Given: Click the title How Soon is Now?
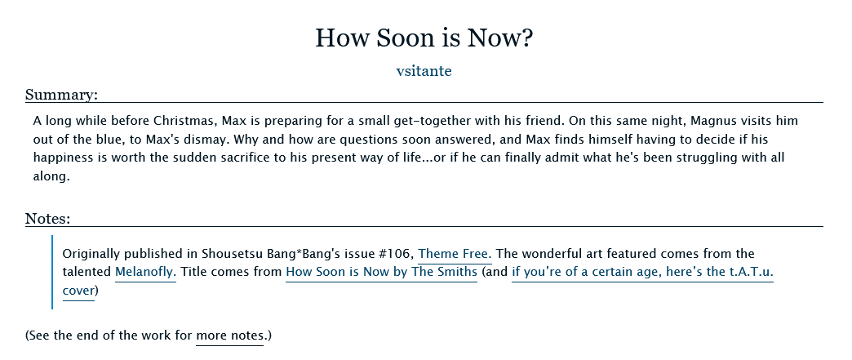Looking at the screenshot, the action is (424, 38).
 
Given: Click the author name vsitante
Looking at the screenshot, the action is (424, 71).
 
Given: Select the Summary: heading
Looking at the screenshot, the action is (61, 95).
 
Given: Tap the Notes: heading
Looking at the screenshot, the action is (48, 219).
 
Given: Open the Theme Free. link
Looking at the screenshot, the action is (455, 253).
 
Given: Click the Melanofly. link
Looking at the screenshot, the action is (145, 272).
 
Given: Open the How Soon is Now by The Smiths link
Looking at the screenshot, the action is (381, 272).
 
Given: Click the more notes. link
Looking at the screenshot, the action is (230, 335).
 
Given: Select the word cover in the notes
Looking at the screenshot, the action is (79, 291).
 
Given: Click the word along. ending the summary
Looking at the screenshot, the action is (51, 176).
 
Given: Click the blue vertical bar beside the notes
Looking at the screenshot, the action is (53, 272).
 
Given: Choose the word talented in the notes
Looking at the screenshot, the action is (87, 272).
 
